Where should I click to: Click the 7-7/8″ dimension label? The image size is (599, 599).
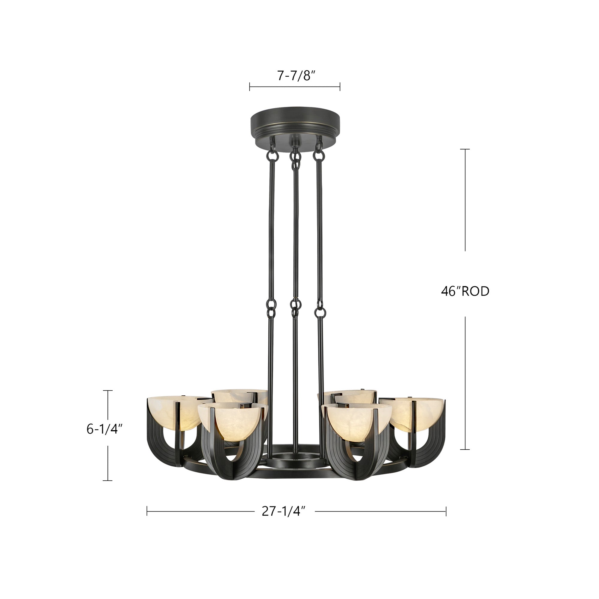tap(296, 75)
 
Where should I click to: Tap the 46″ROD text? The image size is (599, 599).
tap(465, 291)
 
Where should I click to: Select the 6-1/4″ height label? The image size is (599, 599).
tap(105, 429)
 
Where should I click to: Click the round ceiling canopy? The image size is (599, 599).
tap(295, 124)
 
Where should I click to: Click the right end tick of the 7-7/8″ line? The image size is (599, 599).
tap(340, 87)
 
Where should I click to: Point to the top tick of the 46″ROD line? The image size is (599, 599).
tap(465, 149)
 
